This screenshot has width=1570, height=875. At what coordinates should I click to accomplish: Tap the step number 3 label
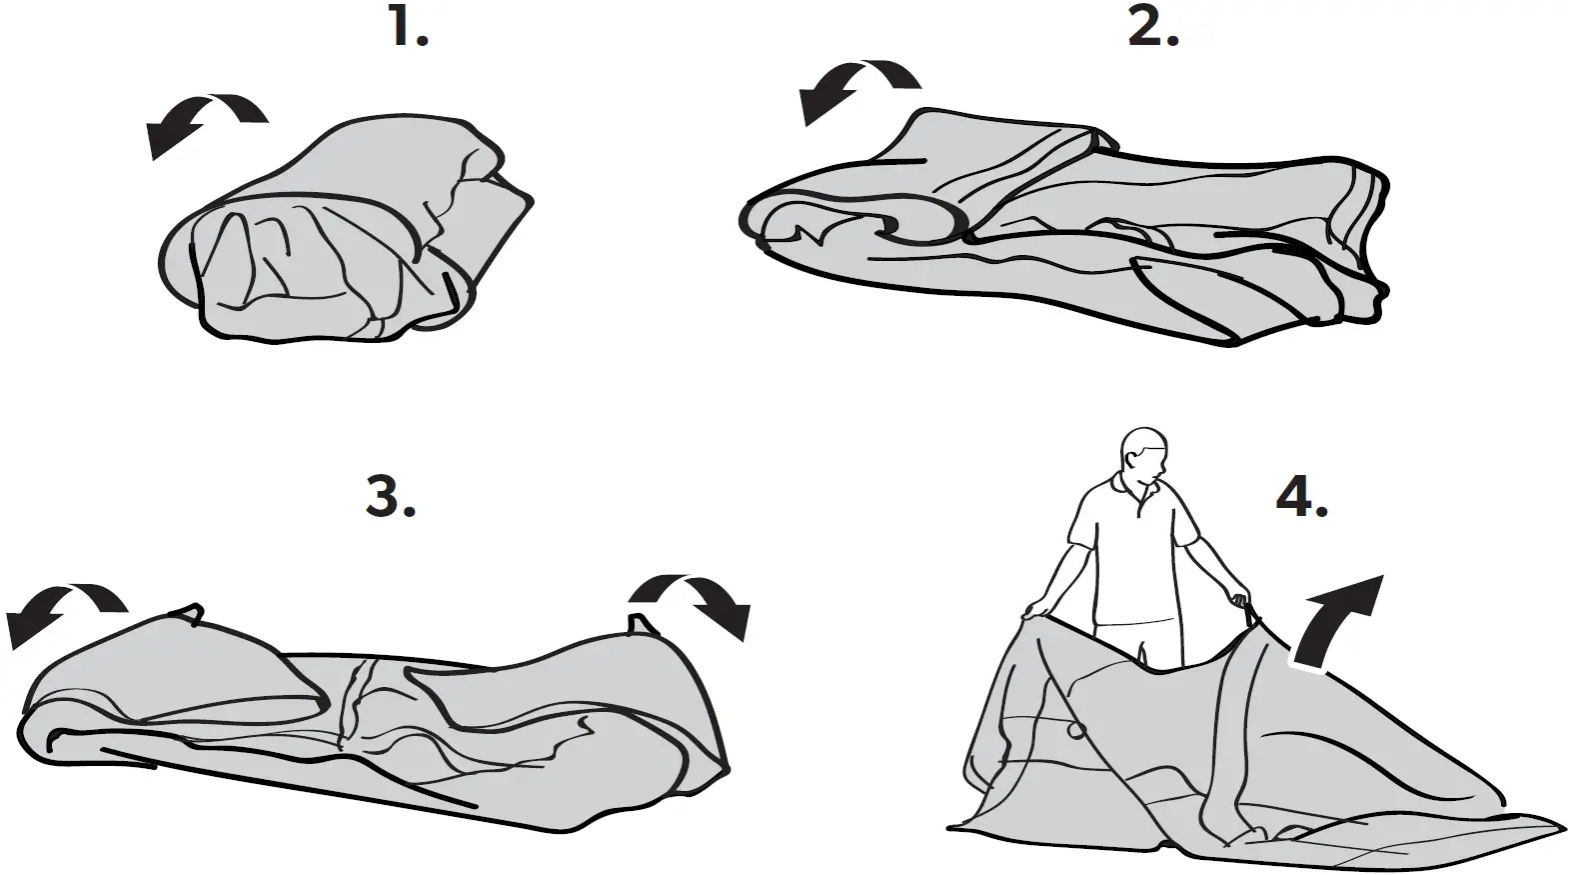coord(390,496)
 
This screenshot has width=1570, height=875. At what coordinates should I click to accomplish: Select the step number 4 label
coord(1302,496)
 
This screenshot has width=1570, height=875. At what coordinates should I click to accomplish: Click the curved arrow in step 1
coord(204,120)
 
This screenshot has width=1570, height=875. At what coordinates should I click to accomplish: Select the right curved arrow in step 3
coord(694,601)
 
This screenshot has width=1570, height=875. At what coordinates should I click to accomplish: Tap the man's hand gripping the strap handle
coord(1242,603)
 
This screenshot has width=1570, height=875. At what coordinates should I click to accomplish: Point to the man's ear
coord(1129,459)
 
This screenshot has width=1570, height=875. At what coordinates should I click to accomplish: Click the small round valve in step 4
coord(1076,732)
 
